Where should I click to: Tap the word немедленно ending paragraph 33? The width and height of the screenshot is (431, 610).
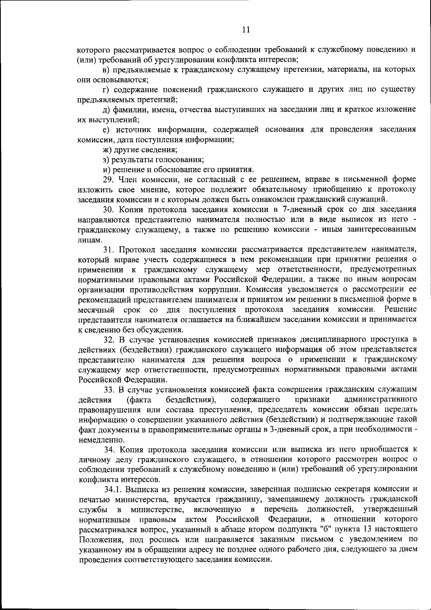click(x=97, y=439)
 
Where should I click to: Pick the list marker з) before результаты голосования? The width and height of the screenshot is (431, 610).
click(x=106, y=159)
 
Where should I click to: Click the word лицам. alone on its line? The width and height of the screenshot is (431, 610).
click(x=87, y=239)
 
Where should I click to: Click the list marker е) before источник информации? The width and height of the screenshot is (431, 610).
click(x=106, y=130)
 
